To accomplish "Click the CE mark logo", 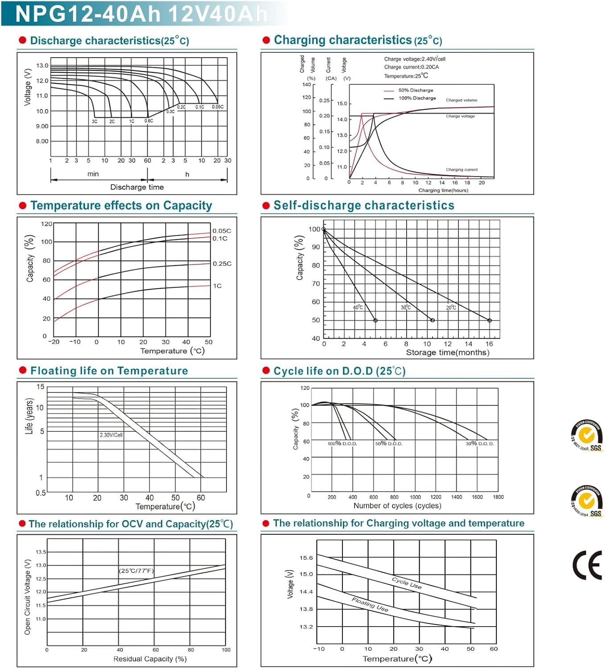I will tap(587, 565).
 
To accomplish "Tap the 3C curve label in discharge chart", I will tap(95, 121).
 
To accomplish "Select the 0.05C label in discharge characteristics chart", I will tap(218, 107).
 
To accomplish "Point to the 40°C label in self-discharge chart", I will tap(358, 307).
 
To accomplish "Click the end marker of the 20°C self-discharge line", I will tap(490, 320).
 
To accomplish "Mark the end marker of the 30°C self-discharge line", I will tap(432, 320).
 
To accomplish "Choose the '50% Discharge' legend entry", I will tap(416, 90).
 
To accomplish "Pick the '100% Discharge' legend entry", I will tap(417, 98).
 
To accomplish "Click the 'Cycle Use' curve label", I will tap(407, 583).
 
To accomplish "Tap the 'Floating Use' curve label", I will tap(370, 604).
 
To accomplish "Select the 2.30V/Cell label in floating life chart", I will tap(111, 435).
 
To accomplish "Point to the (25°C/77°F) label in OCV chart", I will tap(136, 571).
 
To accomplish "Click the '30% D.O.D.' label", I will tap(480, 444).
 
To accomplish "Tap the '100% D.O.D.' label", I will tap(342, 444).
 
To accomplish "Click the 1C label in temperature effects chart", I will tap(217, 286).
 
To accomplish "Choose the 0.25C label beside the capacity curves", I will tap(222, 264).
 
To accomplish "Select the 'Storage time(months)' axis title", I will tap(447, 352).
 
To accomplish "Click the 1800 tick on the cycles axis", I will tap(498, 497).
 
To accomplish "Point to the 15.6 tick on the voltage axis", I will tap(306, 557).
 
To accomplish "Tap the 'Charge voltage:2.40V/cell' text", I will tap(415, 59).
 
